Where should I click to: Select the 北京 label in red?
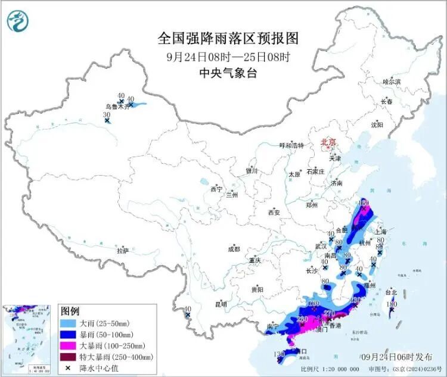click(328, 142)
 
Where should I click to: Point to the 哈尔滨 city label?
click(391, 81)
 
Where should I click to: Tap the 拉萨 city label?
click(123, 250)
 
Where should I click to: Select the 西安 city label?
click(274, 212)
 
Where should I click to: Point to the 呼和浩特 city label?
click(292, 145)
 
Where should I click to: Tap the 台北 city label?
click(390, 292)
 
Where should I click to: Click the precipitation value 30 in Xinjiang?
click(107, 114)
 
